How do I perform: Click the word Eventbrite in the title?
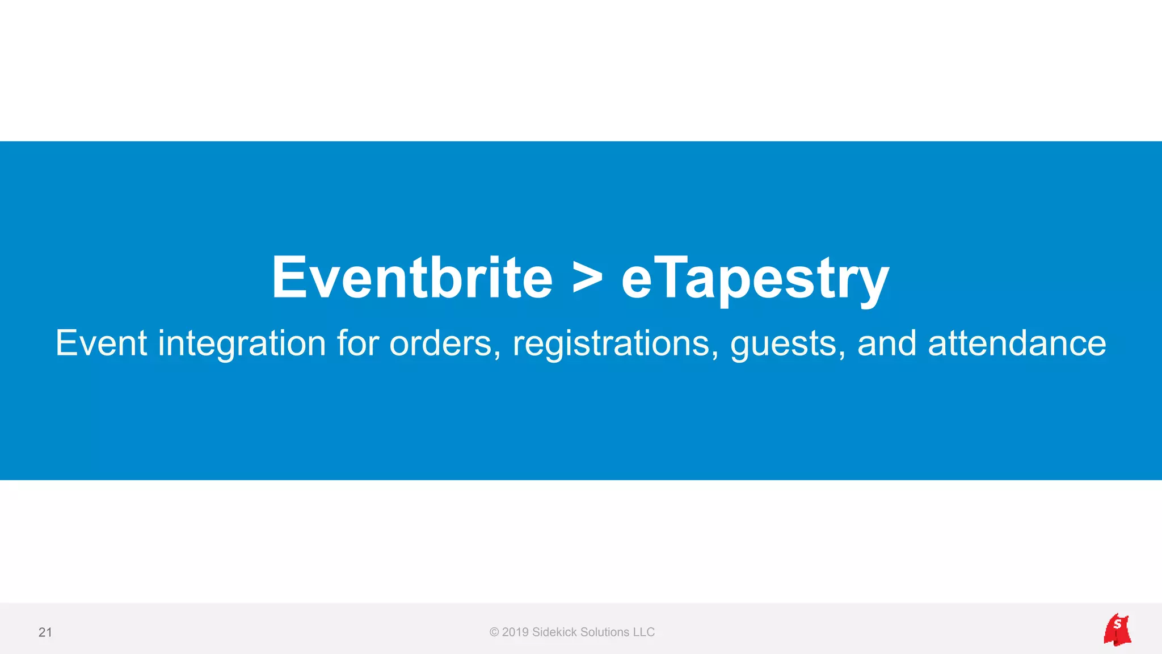pos(412,278)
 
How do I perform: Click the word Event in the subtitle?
pos(102,343)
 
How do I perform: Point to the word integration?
pos(242,344)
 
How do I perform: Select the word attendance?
pos(1017,343)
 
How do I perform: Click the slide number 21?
pos(45,632)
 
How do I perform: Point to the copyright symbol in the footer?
pos(494,632)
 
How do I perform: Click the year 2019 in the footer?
pos(515,632)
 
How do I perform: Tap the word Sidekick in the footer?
pos(554,632)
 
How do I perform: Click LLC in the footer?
pos(644,632)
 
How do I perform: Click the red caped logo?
pos(1117,630)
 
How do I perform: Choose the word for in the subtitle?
pos(357,343)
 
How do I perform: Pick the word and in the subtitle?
pos(886,343)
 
